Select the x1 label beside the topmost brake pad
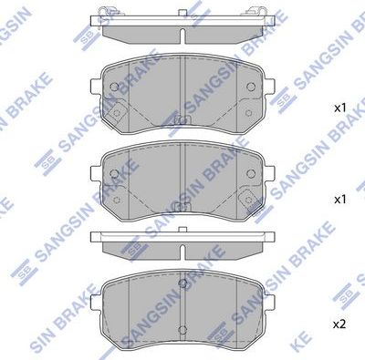pos(339,108)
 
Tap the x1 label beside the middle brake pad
pos(339,198)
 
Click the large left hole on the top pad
pos(113,87)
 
